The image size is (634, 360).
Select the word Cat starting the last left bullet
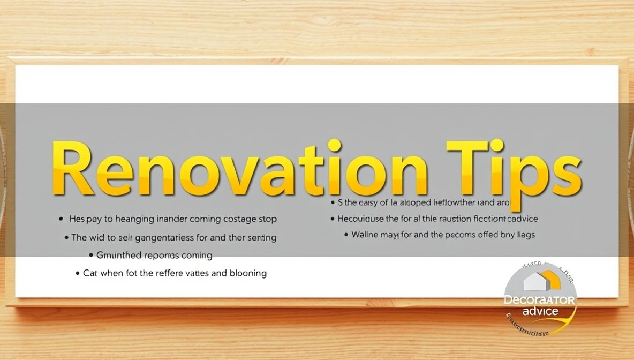(x=91, y=273)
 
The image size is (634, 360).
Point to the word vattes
(x=195, y=273)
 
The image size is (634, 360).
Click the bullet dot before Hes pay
(x=61, y=220)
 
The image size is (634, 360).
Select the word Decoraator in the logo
(x=539, y=301)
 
